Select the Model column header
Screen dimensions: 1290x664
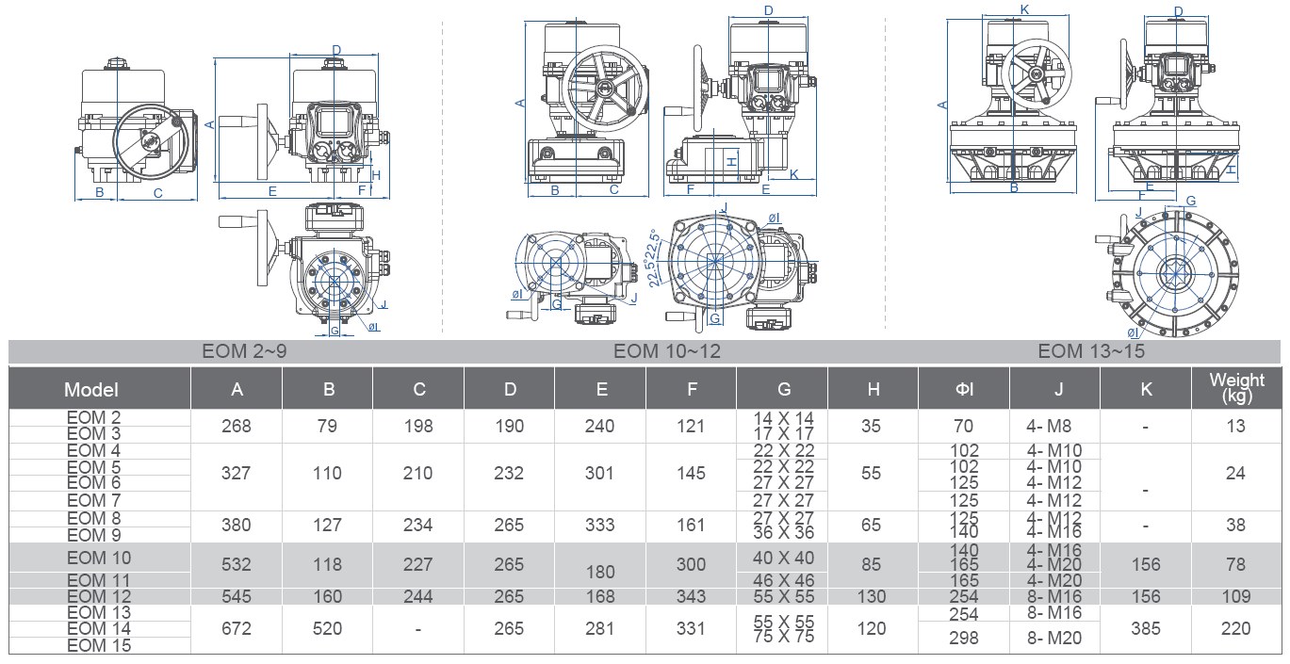91,390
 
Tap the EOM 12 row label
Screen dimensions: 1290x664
99,596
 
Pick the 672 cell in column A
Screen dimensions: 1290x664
237,628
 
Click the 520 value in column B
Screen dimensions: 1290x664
327,628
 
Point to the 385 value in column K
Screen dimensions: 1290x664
1146,628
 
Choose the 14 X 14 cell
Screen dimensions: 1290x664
783,418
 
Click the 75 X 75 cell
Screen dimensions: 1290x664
783,637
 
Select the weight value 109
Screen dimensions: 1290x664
1236,596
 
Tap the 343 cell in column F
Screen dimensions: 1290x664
691,596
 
